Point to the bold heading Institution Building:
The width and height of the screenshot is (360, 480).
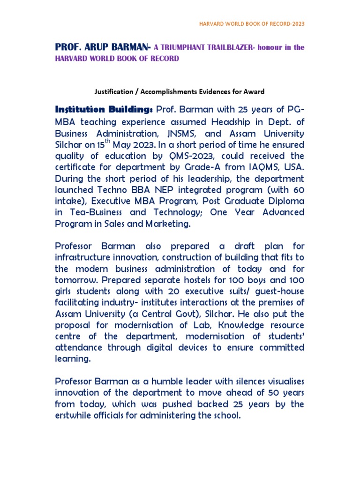point(104,110)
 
